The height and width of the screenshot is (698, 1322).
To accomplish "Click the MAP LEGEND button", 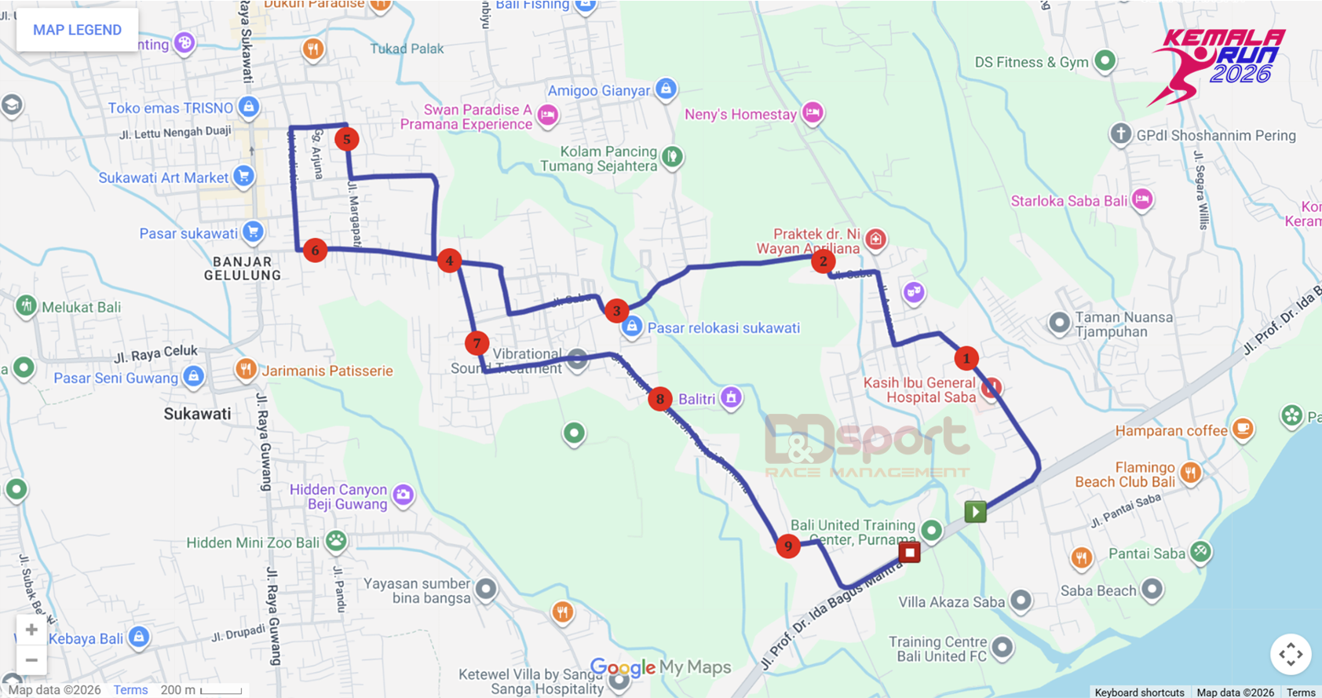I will (77, 30).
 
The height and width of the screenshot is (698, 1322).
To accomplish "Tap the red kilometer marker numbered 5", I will (346, 139).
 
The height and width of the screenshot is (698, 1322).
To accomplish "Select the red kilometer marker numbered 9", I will (787, 546).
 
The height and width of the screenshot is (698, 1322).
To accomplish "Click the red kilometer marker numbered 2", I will (823, 261).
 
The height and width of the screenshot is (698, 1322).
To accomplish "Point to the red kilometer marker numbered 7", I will (477, 343).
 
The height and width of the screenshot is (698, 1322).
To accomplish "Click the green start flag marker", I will (975, 512).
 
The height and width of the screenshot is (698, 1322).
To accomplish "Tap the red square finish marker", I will (909, 552).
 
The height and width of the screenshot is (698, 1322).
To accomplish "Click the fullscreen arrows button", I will (1290, 654).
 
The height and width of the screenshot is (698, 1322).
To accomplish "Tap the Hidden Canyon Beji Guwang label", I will (338, 496).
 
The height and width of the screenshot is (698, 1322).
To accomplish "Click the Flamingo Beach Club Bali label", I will (1125, 474).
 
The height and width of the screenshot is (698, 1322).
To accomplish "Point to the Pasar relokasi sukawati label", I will (723, 327).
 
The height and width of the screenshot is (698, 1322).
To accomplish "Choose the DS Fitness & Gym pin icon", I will (1105, 60).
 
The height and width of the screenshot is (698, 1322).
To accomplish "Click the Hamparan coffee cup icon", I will (1242, 429).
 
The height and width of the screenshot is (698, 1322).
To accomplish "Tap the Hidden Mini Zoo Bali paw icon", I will (336, 540).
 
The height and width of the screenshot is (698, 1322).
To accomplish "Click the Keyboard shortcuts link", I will (1139, 692).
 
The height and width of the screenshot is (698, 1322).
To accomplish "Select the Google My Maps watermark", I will (660, 667).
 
